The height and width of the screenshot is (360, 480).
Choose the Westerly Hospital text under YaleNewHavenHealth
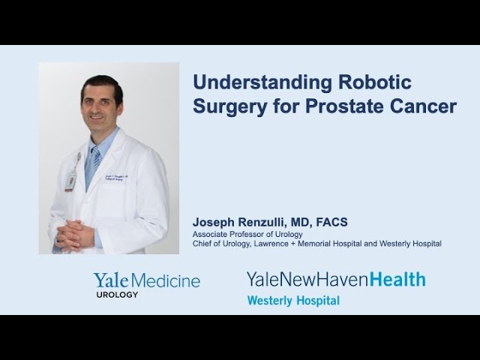pyautogui.click(x=293, y=301)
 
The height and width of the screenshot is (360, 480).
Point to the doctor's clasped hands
pyautogui.click(x=75, y=235)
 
